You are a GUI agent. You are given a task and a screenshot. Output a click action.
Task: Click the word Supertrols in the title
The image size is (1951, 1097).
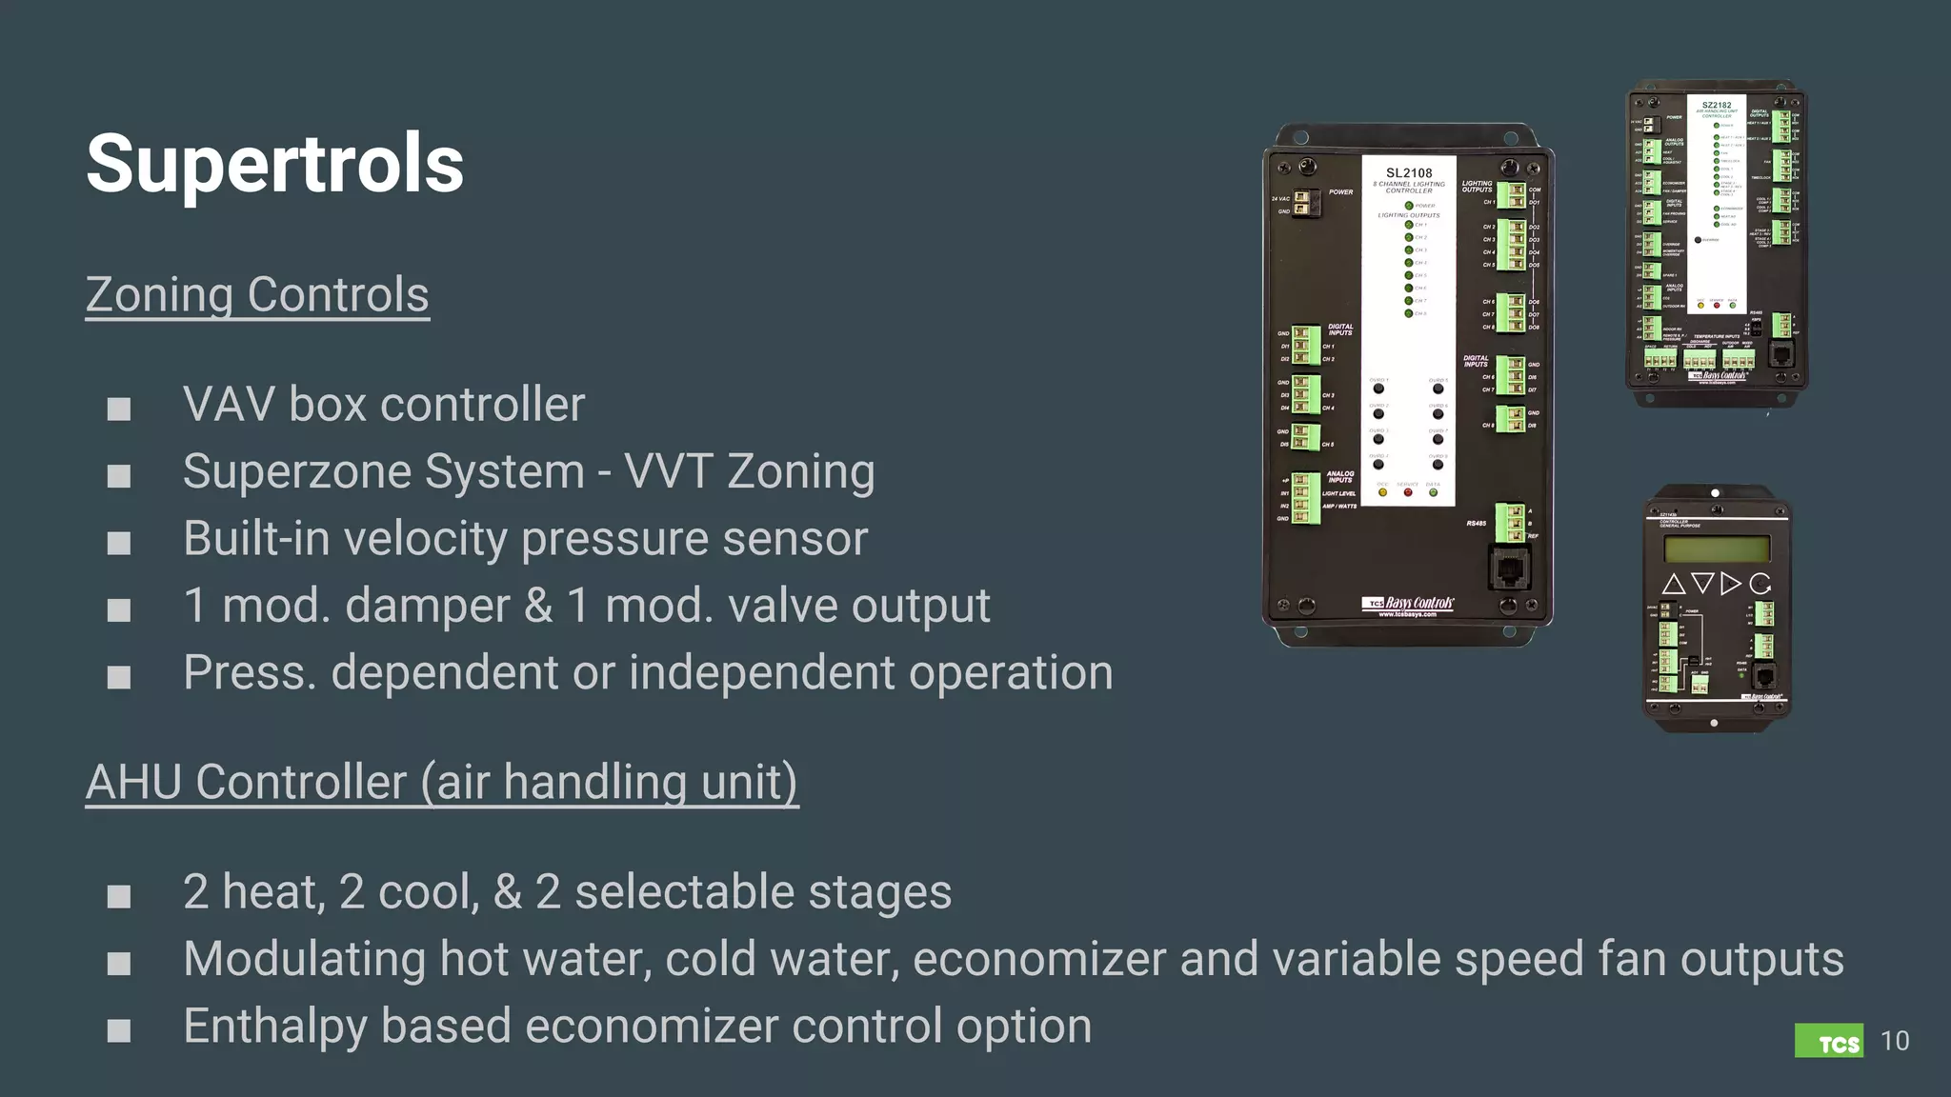pyautogui.click(x=274, y=164)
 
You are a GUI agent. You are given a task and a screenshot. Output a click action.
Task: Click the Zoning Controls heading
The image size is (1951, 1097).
pyautogui.click(x=257, y=295)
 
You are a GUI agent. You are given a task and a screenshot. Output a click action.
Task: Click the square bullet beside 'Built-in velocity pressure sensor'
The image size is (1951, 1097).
pyautogui.click(x=119, y=543)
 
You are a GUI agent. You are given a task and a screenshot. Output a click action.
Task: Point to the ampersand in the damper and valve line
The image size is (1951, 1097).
pyautogui.click(x=538, y=606)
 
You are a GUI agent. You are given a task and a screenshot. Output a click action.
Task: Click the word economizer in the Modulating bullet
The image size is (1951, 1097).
pyautogui.click(x=1039, y=959)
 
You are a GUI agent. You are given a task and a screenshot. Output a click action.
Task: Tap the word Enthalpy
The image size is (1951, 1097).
pyautogui.click(x=274, y=1027)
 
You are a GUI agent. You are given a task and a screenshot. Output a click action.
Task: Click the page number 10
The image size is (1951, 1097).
pyautogui.click(x=1895, y=1041)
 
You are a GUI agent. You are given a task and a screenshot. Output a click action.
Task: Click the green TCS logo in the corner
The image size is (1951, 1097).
pyautogui.click(x=1828, y=1041)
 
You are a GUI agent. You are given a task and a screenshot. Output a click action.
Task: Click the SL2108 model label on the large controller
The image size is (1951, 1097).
pyautogui.click(x=1408, y=173)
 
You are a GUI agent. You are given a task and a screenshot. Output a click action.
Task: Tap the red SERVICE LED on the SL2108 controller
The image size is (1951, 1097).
pyautogui.click(x=1408, y=492)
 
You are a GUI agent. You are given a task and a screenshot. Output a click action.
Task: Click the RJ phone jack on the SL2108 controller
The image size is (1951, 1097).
pyautogui.click(x=1509, y=569)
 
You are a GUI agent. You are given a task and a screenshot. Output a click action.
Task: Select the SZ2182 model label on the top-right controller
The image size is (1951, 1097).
pyautogui.click(x=1717, y=106)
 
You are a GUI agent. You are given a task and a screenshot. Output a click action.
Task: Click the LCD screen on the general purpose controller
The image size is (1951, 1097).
pyautogui.click(x=1717, y=548)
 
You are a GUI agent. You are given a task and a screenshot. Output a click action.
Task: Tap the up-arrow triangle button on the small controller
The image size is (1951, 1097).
pyautogui.click(x=1674, y=584)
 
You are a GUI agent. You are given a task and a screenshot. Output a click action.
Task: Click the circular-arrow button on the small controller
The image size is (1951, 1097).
pyautogui.click(x=1760, y=584)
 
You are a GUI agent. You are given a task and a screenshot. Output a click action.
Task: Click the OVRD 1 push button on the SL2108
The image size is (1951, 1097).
pyautogui.click(x=1378, y=389)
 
